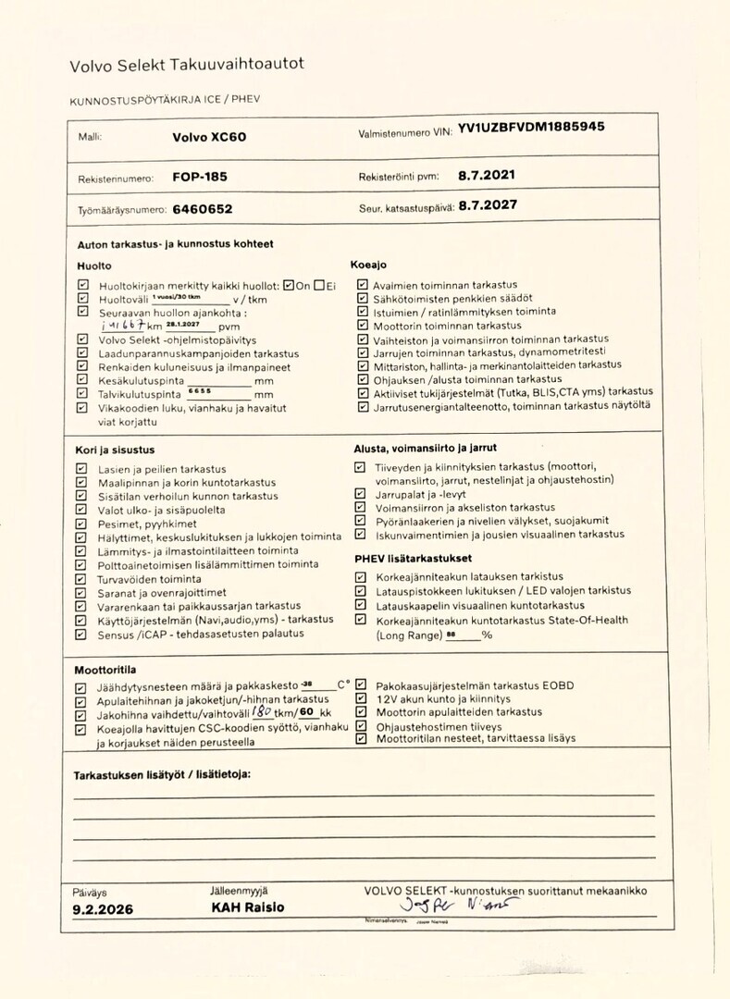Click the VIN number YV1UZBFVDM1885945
tap(531, 129)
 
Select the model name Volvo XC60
tap(209, 136)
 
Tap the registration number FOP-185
tap(200, 176)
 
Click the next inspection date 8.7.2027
tap(488, 204)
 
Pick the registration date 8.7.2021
tap(487, 174)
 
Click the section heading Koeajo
tap(368, 265)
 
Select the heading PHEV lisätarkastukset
tap(413, 559)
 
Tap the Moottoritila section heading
tap(105, 669)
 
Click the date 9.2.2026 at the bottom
tap(103, 909)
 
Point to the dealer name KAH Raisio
tap(247, 907)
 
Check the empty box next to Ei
tap(318, 285)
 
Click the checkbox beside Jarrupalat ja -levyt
tap(360, 494)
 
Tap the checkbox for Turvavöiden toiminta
tap(81, 579)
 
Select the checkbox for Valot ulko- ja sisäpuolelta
tap(81, 510)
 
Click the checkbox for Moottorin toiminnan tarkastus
tap(362, 326)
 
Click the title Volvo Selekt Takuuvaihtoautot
tap(187, 65)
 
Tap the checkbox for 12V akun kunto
tap(361, 699)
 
